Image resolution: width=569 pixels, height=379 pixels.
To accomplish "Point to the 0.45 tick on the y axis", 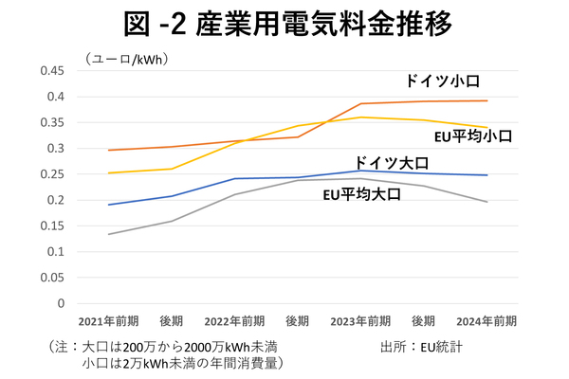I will click(49, 71).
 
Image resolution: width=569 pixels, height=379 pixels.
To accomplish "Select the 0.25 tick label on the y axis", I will click(49, 174).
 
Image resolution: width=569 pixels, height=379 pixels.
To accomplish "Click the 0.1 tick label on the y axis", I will click(53, 252).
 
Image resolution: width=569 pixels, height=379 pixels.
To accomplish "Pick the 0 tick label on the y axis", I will click(60, 304).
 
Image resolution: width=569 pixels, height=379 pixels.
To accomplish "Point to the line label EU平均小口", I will click(474, 136).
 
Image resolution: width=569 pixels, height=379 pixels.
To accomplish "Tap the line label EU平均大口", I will click(362, 194).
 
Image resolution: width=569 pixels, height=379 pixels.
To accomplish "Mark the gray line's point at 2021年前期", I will click(108, 234).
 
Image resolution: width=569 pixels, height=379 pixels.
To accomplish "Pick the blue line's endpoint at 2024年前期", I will click(486, 175).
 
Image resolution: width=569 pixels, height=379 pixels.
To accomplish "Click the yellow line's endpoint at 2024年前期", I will click(486, 128).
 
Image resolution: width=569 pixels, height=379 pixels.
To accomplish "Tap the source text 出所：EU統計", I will click(421, 346).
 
